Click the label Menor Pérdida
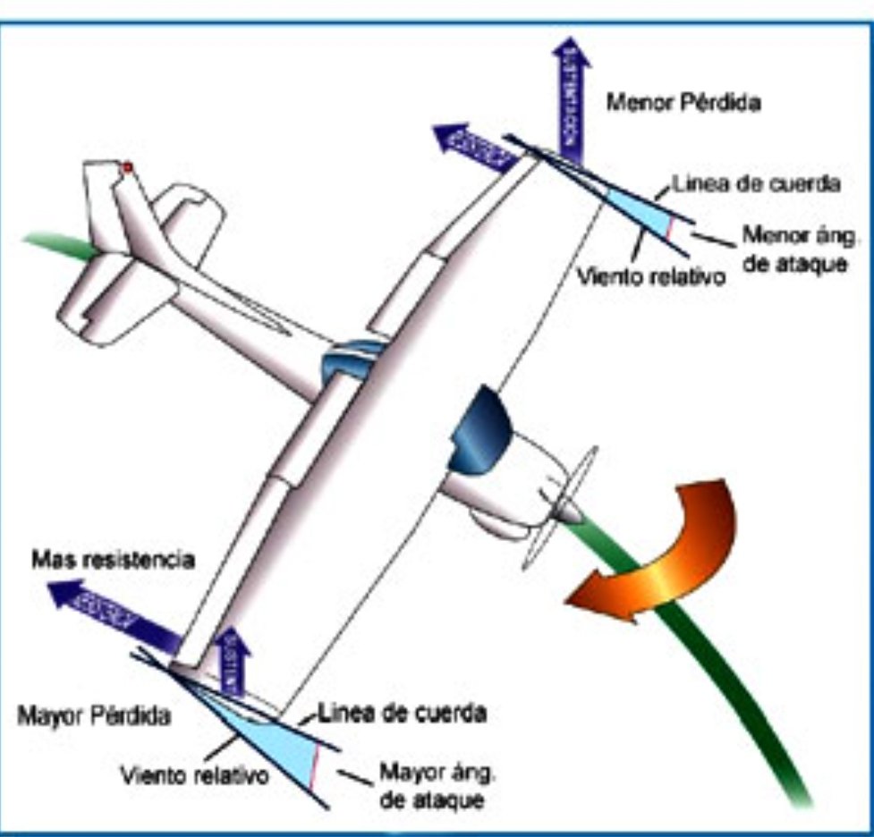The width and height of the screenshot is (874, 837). coord(683,103)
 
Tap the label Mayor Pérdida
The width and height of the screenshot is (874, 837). coord(94,716)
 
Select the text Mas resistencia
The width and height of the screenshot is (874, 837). coord(113,561)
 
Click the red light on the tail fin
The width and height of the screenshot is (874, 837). coord(127,167)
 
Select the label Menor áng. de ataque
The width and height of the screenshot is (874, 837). coord(794,250)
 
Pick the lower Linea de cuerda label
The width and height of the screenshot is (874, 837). coord(403,714)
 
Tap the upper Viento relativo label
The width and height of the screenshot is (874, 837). coord(649,275)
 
